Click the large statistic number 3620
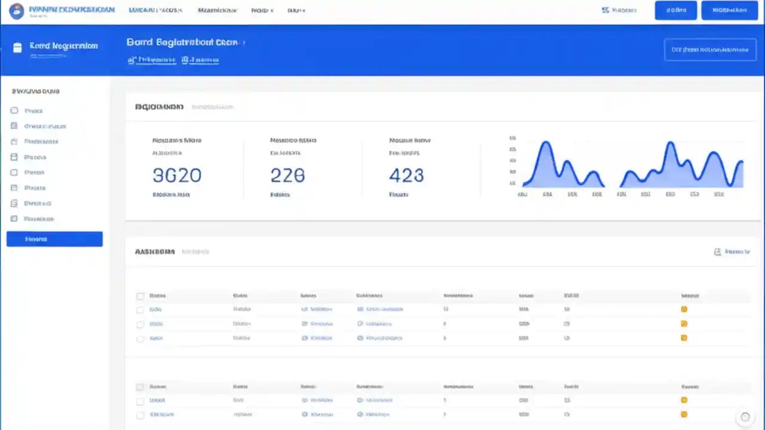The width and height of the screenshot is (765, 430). [177, 175]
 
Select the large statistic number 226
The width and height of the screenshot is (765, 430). [287, 175]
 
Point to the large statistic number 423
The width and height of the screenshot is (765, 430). [406, 175]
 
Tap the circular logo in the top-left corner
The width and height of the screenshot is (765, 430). [17, 11]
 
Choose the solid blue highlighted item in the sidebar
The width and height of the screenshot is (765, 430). [54, 239]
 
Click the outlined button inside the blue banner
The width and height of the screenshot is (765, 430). [710, 50]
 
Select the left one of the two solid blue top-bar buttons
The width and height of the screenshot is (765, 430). [675, 10]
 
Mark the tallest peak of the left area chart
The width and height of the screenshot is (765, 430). [545, 143]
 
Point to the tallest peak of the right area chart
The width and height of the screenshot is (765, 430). [671, 143]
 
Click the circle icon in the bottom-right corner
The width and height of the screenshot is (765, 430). [745, 417]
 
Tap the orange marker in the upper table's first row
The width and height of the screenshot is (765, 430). [684, 309]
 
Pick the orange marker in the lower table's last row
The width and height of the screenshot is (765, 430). [684, 414]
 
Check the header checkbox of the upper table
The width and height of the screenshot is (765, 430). [140, 296]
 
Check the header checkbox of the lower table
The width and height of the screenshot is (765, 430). [140, 387]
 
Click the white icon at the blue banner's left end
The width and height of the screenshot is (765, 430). [17, 48]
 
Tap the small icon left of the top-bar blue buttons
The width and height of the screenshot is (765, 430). [605, 10]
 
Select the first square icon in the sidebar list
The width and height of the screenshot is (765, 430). [14, 110]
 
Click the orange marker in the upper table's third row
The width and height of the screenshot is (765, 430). [684, 338]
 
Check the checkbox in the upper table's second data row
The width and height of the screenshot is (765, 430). [140, 324]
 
